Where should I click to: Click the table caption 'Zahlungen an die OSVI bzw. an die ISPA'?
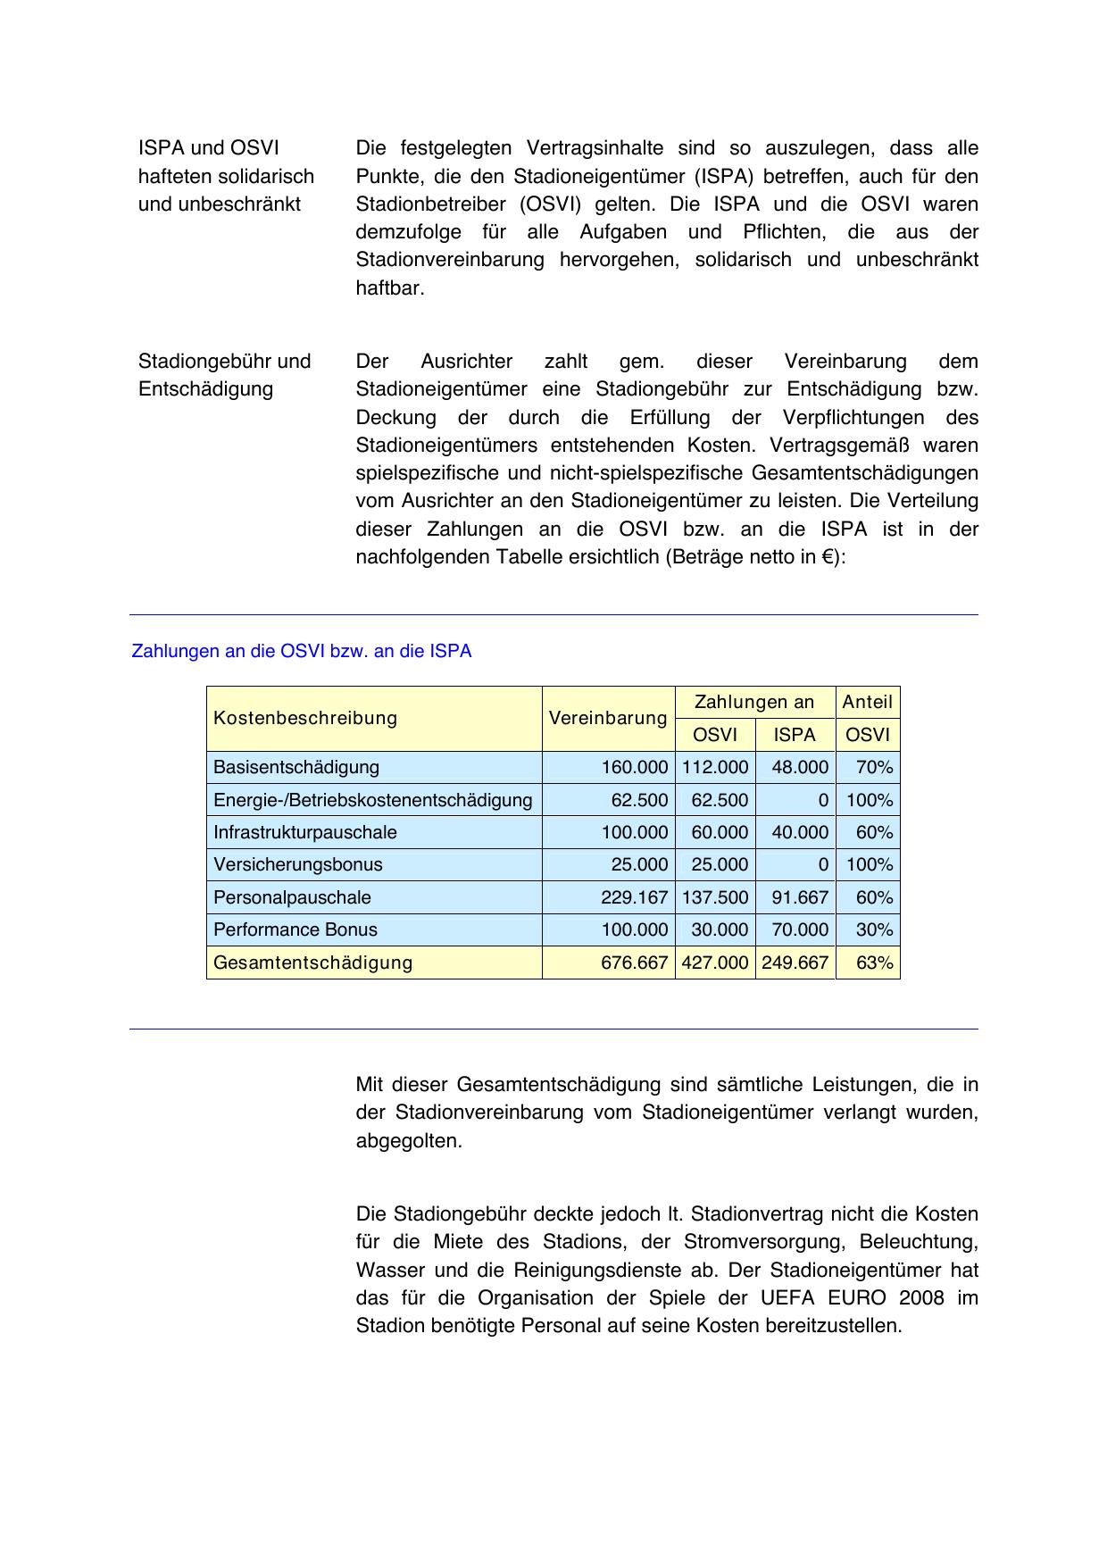pos(301,652)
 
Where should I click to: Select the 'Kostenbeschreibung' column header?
pos(305,718)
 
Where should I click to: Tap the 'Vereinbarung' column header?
pos(608,718)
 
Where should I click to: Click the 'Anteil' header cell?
pos(867,702)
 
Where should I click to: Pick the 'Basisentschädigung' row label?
pos(296,767)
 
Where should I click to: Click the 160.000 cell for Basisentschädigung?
pos(634,767)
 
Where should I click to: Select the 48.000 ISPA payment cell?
pos(800,767)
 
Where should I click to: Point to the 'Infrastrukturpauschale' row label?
pos(305,832)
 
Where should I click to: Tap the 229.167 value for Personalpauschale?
pos(634,897)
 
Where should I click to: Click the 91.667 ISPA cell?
pos(800,897)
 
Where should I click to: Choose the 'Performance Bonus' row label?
pos(295,929)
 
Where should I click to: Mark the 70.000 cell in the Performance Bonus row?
pos(800,929)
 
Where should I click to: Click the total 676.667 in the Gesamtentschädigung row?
pos(634,963)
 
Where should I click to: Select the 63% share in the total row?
pos(874,963)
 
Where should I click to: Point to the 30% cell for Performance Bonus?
pos(874,929)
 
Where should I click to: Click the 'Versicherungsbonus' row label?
pos(298,864)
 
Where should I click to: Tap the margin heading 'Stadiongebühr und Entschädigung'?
pos(224,375)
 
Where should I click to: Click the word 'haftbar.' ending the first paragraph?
pos(390,288)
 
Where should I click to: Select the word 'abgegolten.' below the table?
pos(409,1141)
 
